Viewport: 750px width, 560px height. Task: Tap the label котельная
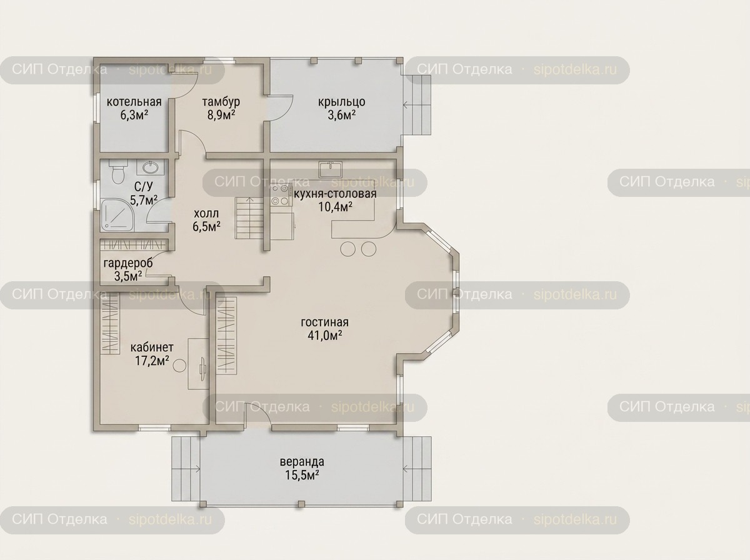[134, 102]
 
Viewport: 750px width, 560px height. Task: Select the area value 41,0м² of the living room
[325, 336]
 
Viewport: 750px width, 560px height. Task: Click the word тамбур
[221, 102]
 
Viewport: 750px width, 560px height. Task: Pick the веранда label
[302, 462]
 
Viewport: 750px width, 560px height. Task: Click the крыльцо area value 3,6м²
[342, 115]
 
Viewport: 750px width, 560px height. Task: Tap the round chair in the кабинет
[179, 366]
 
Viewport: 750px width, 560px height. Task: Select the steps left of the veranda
[186, 469]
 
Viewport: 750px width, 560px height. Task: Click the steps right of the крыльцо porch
[417, 105]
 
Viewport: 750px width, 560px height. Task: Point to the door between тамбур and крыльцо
[280, 108]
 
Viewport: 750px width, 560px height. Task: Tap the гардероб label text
[128, 263]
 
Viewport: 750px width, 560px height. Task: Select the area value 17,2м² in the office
[152, 361]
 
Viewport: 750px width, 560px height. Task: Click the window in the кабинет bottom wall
[154, 427]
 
